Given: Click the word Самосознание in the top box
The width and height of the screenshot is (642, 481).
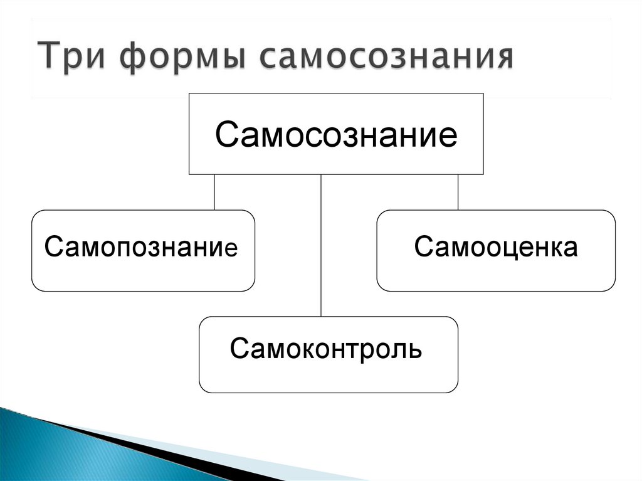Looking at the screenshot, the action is click(x=336, y=134).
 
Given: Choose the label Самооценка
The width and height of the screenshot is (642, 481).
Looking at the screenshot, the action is click(x=495, y=247).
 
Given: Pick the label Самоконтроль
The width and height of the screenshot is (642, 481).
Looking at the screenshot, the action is click(x=326, y=348).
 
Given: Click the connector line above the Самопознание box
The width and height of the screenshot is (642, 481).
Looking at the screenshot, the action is click(x=214, y=192).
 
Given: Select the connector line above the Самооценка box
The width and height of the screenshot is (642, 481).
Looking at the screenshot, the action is click(x=458, y=192).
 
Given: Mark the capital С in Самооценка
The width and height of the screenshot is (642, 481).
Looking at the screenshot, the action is click(x=422, y=247).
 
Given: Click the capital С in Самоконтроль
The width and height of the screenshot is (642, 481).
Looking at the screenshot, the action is click(x=238, y=348).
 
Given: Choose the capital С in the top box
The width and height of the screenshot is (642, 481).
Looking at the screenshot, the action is click(x=227, y=134).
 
